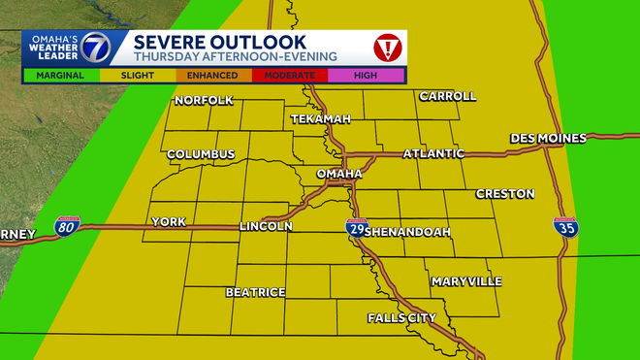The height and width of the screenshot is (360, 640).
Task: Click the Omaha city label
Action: pyautogui.click(x=339, y=174)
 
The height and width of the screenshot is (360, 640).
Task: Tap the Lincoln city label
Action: pyautogui.click(x=266, y=226)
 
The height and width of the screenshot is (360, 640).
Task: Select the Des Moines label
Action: pyautogui.click(x=548, y=139)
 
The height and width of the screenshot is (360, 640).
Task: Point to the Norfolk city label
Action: pyautogui.click(x=204, y=101)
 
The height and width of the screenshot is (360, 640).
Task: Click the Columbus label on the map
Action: pyautogui.click(x=201, y=154)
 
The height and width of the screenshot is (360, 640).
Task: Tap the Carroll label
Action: pyautogui.click(x=447, y=96)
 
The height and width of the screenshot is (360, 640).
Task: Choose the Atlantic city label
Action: pyautogui.click(x=433, y=153)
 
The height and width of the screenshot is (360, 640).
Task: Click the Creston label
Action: pyautogui.click(x=504, y=194)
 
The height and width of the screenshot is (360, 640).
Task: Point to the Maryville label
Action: pyautogui.click(x=466, y=281)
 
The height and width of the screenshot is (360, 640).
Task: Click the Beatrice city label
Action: pyautogui.click(x=255, y=292)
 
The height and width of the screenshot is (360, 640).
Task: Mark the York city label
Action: pyautogui.click(x=168, y=222)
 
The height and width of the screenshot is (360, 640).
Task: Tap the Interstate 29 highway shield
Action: pyautogui.click(x=355, y=228)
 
